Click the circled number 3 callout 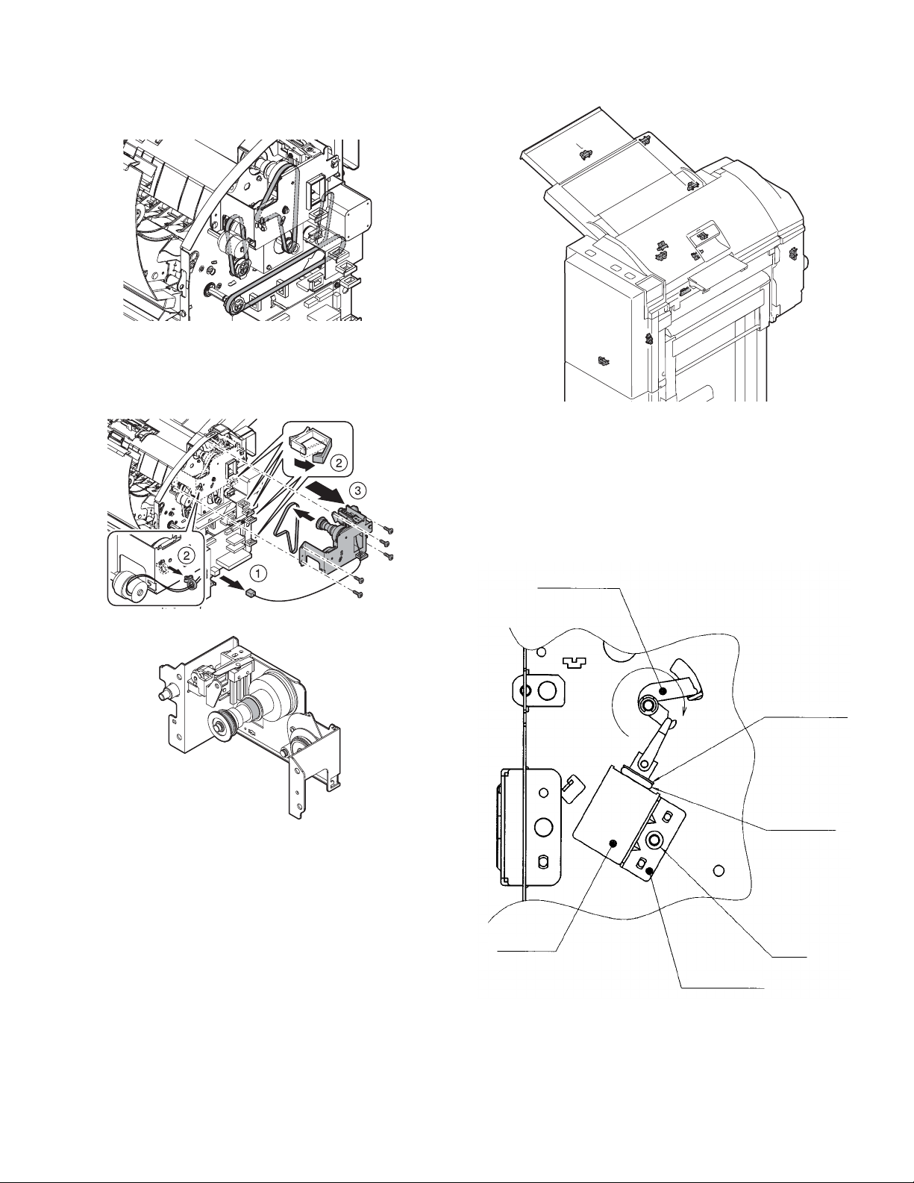point(357,491)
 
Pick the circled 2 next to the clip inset point(338,463)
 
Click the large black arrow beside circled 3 point(325,492)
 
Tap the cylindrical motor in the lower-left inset point(127,585)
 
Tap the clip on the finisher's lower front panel point(602,360)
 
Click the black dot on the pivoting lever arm point(663,690)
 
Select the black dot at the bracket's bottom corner point(650,873)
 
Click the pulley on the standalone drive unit point(219,725)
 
